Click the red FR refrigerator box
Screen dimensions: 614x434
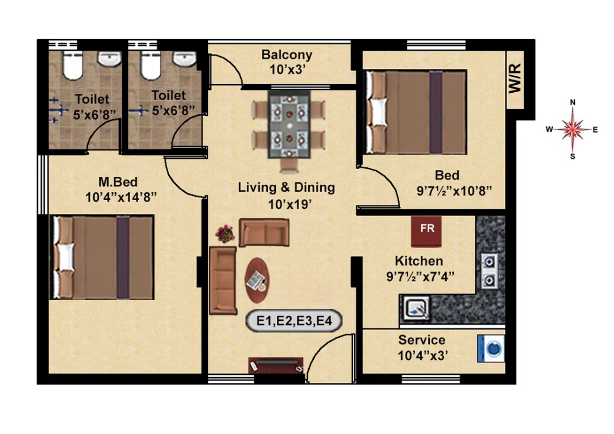(426, 231)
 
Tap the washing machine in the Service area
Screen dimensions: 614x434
(491, 348)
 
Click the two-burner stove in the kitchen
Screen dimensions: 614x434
(489, 271)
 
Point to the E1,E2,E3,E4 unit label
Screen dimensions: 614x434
(294, 321)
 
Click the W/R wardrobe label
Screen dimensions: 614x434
(515, 78)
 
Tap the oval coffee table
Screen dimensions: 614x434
(257, 280)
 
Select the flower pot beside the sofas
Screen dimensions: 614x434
(225, 234)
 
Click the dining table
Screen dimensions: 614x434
(289, 125)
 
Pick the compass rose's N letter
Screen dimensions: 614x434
(572, 102)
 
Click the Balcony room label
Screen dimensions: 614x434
(287, 55)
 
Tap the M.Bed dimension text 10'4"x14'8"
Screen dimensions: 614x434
(121, 197)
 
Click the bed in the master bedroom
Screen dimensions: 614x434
(102, 257)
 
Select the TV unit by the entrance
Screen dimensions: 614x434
(276, 365)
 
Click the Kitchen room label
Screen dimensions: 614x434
(419, 261)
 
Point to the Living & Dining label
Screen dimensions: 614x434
(286, 187)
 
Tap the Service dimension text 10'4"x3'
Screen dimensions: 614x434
(423, 356)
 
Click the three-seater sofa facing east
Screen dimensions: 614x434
(223, 280)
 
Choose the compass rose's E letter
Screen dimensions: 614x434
(595, 130)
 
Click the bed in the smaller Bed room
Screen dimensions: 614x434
(416, 112)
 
